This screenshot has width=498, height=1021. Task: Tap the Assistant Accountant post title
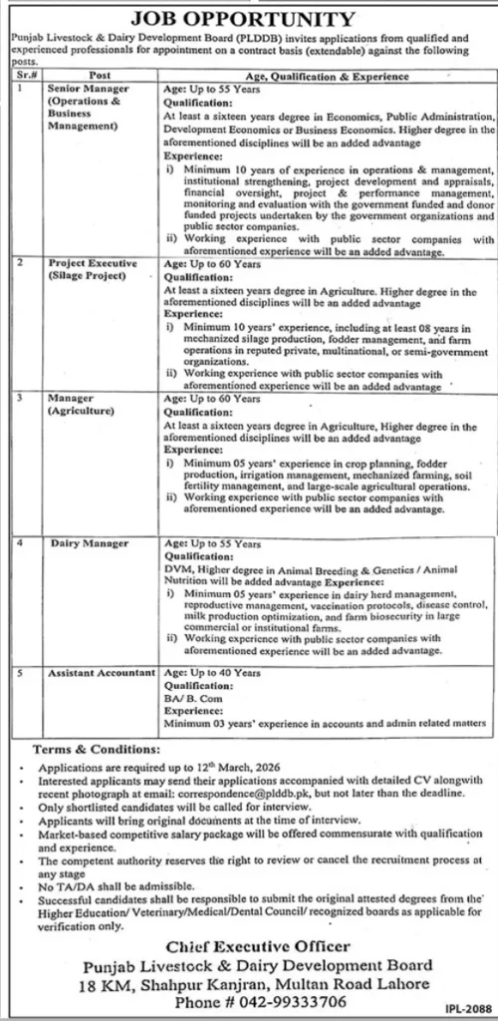99,674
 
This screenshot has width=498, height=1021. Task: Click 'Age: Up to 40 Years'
205,674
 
